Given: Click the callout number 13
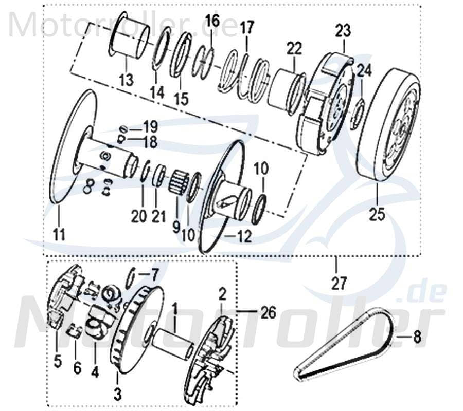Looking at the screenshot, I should click(x=126, y=80).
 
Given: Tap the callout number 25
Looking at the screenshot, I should click(x=377, y=213).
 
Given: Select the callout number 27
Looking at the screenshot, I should click(x=340, y=282).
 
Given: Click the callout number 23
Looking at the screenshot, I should click(x=343, y=30).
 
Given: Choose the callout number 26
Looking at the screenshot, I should click(x=268, y=312).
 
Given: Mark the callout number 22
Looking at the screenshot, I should click(x=294, y=49).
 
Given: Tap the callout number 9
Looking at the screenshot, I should click(x=176, y=225).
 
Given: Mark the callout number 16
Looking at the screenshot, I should click(x=212, y=22).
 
